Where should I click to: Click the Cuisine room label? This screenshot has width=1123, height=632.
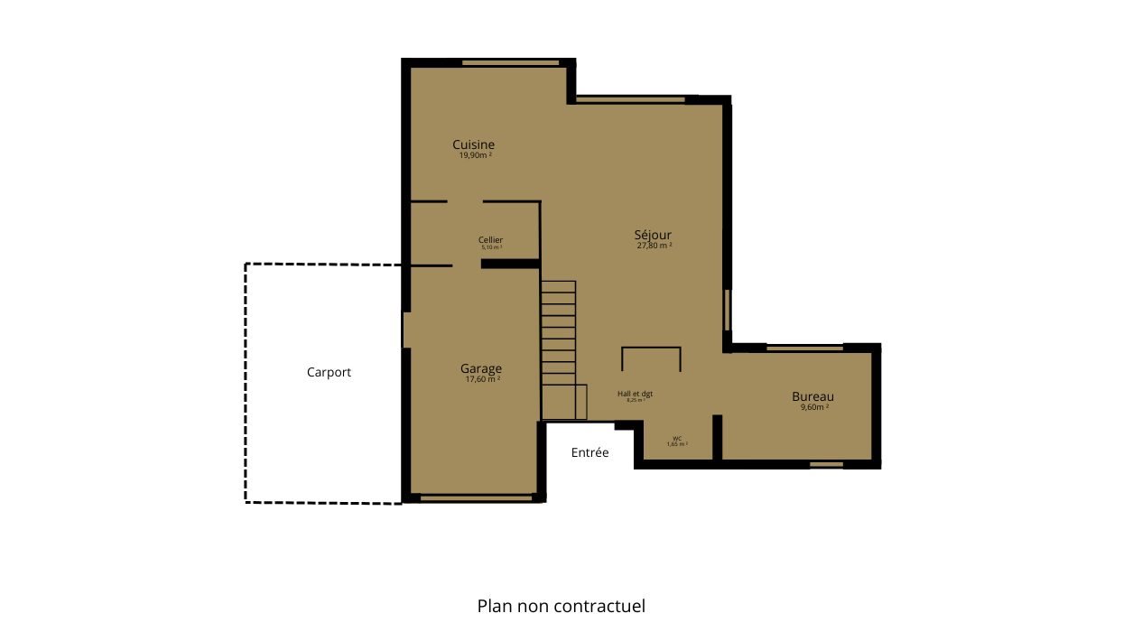pos(473,144)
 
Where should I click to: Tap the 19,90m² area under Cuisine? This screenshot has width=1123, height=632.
pos(475,155)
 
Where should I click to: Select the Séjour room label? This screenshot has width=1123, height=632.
pos(653,235)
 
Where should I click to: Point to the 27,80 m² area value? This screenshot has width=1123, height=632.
pos(654,246)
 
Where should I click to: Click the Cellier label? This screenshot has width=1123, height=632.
pos(490,239)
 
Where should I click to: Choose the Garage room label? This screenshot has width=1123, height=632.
pos(480,368)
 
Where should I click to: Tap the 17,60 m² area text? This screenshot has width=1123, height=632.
pos(482,379)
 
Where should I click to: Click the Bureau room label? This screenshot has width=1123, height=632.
pos(812,396)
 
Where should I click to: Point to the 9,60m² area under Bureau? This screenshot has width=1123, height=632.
pos(813,407)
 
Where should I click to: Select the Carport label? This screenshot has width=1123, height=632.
pos(329,372)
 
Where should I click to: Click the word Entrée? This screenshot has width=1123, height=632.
pos(589,452)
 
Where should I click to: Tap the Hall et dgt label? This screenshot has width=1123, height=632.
pos(635,394)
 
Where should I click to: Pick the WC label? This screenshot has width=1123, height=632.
pos(677,438)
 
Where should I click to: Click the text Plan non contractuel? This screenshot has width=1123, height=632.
pos(561,606)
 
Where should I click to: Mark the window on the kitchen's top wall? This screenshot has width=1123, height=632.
pos(511,63)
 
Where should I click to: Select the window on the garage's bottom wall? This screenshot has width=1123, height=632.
pos(476,497)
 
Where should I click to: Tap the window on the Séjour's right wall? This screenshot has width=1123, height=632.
pos(727,310)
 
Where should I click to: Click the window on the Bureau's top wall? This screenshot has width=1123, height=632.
pos(803,348)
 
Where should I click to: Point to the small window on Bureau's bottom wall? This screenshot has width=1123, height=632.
pos(825,465)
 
